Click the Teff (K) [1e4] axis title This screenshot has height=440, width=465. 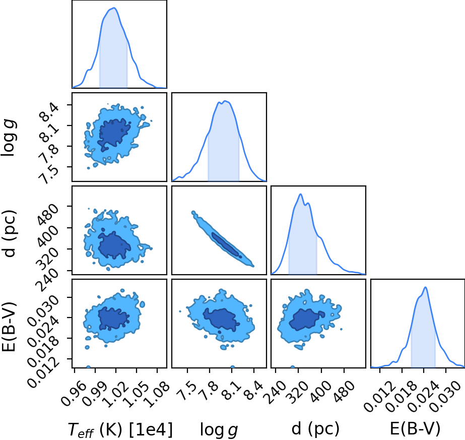pyautogui.click(x=120, y=429)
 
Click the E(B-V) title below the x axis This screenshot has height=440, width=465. pyautogui.click(x=415, y=429)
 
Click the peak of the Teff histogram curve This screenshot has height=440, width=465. pyautogui.click(x=114, y=8)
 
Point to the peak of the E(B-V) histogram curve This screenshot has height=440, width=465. pyautogui.click(x=426, y=287)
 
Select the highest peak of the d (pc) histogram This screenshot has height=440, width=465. pyautogui.click(x=301, y=194)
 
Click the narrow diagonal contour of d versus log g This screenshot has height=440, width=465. pyautogui.click(x=223, y=239)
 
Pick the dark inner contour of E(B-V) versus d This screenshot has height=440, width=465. pyautogui.click(x=307, y=319)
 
